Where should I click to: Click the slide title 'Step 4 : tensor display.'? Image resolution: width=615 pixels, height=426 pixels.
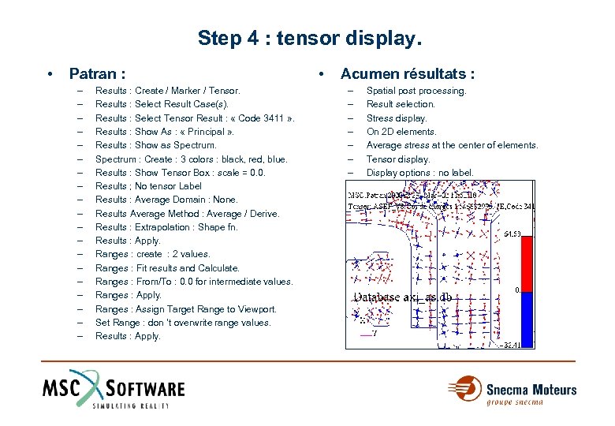310,38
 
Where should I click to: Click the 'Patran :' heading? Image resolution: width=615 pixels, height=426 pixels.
97,74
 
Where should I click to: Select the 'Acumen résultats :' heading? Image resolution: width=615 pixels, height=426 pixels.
407,74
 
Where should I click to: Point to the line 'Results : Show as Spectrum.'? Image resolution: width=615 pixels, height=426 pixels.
155,145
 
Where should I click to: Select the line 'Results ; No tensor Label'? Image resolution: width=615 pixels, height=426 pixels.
148,186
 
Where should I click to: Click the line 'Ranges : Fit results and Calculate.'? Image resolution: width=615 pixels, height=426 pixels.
167,268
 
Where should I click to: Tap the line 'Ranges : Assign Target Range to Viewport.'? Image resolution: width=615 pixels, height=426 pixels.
185,309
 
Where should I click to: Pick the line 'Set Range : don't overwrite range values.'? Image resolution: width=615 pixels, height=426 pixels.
183,323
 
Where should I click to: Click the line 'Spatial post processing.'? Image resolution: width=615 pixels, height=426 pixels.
416,91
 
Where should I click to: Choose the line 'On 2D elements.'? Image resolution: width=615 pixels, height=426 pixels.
401,132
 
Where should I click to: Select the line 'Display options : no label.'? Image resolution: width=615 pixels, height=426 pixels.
420,173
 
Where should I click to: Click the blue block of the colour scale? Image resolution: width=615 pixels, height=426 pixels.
529,316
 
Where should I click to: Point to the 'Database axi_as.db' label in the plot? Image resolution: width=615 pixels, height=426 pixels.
403,297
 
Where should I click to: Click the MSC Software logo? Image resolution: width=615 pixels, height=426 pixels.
114,390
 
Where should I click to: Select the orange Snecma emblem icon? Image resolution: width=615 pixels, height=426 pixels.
464,389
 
